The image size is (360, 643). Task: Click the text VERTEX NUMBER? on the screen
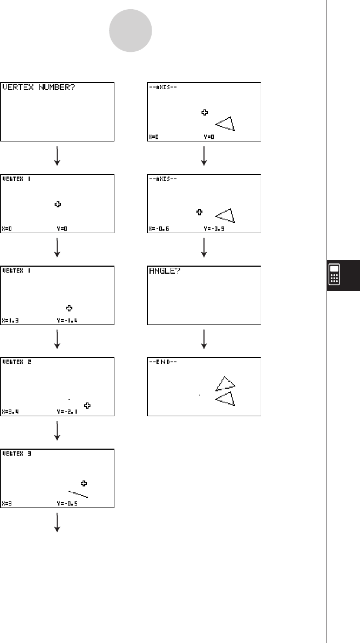[39, 88]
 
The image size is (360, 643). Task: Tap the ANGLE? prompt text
[162, 271]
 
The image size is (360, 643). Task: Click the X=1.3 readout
[11, 320]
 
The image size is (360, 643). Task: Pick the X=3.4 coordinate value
[11, 411]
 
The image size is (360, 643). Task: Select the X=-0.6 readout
[159, 229]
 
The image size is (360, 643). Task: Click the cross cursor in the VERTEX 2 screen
[87, 405]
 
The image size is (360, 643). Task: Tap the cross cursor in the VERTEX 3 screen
[84, 483]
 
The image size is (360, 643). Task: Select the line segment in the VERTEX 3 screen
[78, 493]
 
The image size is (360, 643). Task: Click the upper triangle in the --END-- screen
[226, 383]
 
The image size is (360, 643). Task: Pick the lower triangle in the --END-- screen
[226, 398]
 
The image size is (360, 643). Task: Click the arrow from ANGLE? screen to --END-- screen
[204, 339]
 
